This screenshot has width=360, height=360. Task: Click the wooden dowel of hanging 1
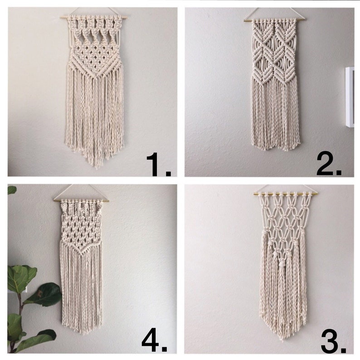[93, 17]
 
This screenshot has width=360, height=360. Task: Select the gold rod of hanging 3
[286, 194]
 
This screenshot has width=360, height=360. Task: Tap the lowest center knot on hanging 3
[285, 263]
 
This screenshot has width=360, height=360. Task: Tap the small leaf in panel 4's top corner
[12, 190]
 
